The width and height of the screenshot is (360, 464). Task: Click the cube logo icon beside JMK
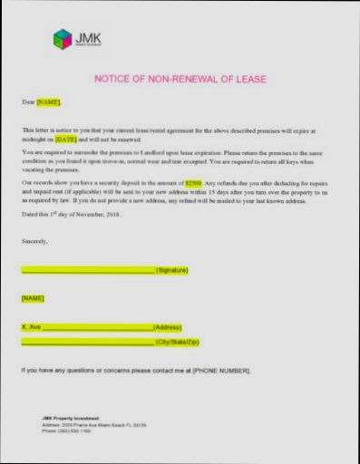(x=63, y=39)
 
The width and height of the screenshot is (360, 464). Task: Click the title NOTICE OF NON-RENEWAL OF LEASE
(x=180, y=80)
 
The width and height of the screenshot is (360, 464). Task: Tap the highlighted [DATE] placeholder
(x=66, y=140)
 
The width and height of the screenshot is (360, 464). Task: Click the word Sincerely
(x=35, y=242)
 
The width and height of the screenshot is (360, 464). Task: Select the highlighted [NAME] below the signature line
(x=33, y=298)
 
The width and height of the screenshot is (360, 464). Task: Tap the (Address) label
(x=168, y=327)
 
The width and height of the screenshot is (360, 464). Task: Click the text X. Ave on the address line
(x=31, y=327)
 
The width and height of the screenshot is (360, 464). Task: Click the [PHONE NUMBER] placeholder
(x=221, y=371)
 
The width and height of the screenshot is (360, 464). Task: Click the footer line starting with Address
(x=94, y=424)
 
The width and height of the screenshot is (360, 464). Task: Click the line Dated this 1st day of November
(x=71, y=215)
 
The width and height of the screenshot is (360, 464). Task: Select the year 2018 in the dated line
(x=112, y=215)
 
